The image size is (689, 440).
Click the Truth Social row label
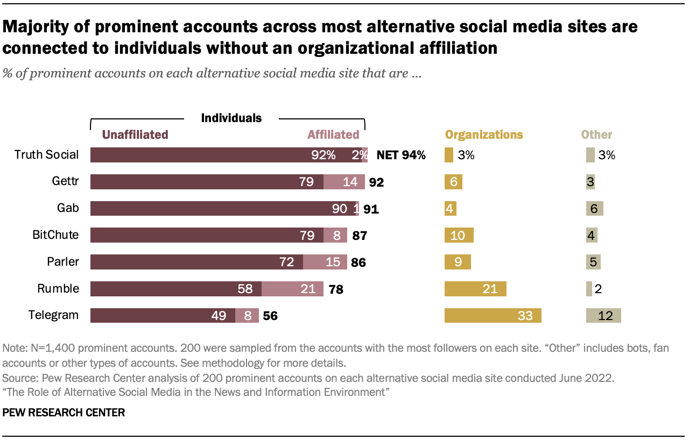(x=46, y=155)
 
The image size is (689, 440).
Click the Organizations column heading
(x=483, y=134)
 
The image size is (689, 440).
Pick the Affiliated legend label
(x=333, y=134)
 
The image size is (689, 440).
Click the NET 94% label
(x=401, y=155)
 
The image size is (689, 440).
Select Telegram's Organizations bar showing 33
(x=493, y=315)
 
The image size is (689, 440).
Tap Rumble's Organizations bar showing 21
(x=475, y=289)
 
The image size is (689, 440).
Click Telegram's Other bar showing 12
(x=603, y=315)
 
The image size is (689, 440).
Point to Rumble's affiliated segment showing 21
(x=292, y=289)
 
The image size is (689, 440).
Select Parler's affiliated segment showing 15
(x=325, y=262)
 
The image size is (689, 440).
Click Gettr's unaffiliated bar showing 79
(x=207, y=182)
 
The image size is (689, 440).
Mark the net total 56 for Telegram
(x=270, y=316)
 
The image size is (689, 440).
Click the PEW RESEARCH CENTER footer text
(x=64, y=413)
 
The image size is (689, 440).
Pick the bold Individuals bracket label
(x=231, y=118)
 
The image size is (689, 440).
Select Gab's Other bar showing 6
(x=595, y=209)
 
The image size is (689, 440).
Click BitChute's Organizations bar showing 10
(x=459, y=235)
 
